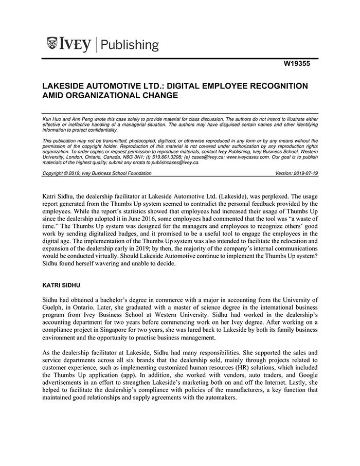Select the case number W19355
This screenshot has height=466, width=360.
point(298,65)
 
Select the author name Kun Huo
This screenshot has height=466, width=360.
point(51,119)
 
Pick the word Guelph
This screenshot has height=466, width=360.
point(52,307)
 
